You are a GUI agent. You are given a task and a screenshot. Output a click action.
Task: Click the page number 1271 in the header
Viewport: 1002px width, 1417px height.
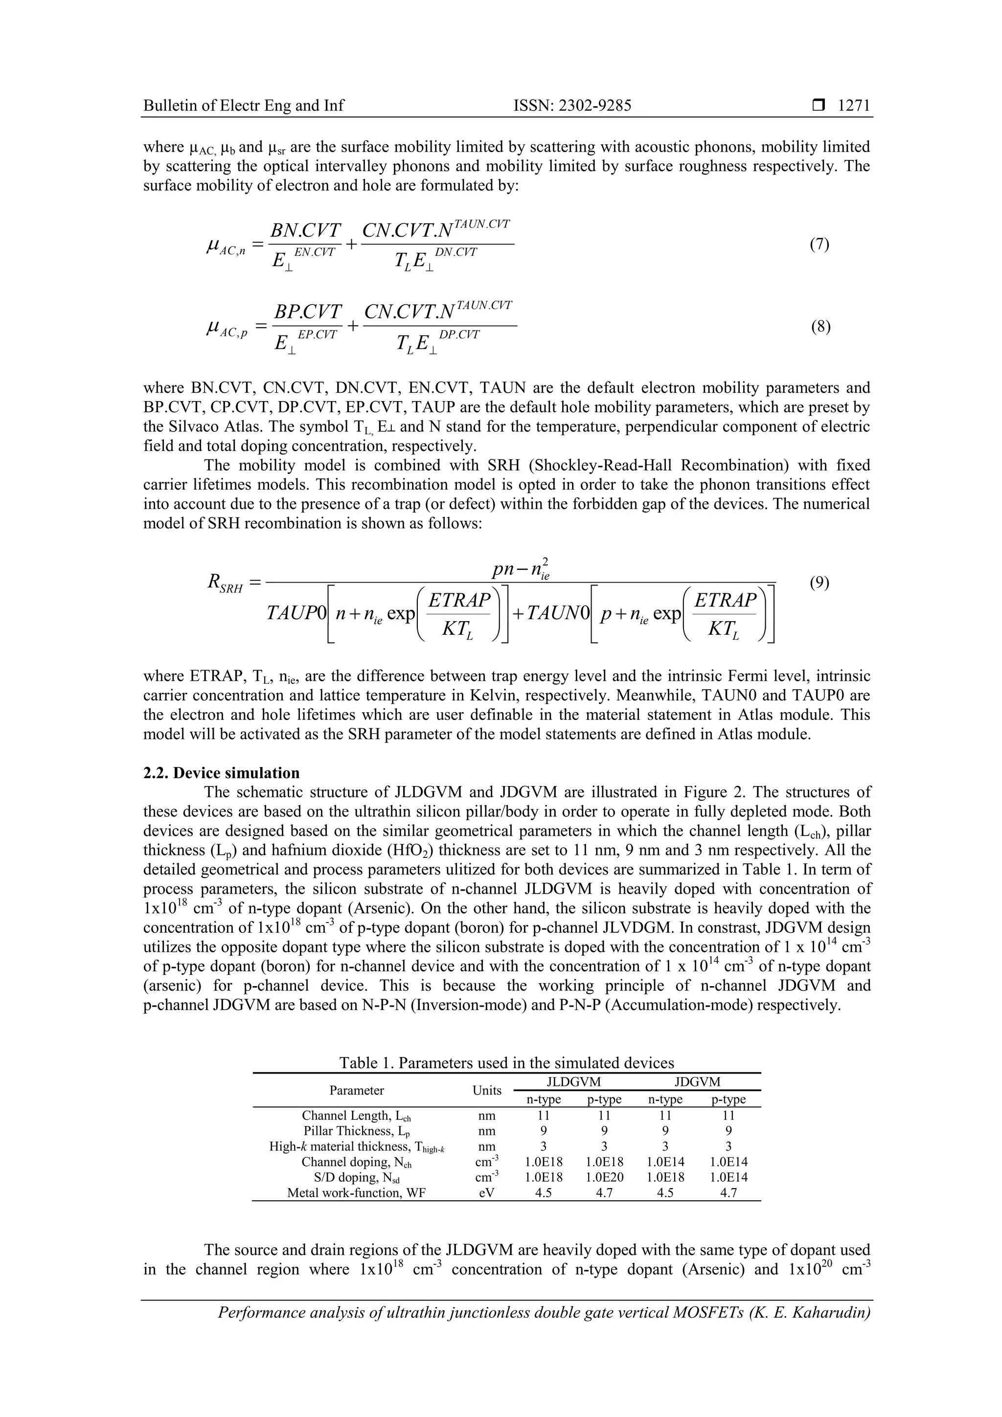pos(854,106)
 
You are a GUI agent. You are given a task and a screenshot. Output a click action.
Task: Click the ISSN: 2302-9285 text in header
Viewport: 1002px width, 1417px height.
pos(572,106)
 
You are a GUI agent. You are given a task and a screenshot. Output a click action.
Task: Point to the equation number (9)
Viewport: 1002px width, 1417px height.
pos(819,583)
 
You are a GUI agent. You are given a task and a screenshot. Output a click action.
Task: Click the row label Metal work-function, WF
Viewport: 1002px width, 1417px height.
pos(356,1192)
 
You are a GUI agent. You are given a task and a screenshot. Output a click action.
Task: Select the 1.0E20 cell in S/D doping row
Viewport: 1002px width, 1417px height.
pos(604,1177)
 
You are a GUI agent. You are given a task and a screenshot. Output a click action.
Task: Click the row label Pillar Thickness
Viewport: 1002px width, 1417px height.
pos(356,1131)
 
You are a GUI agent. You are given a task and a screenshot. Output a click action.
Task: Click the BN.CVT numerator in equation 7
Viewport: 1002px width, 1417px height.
pos(306,231)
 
